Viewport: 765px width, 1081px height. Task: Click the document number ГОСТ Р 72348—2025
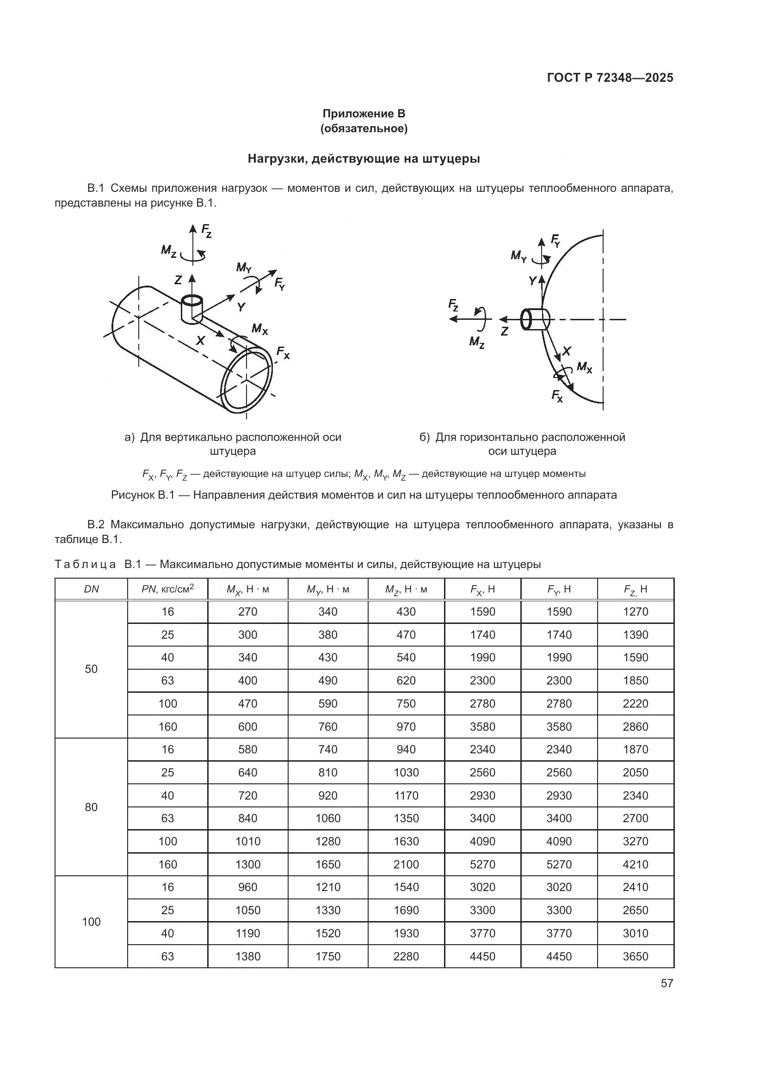[610, 78]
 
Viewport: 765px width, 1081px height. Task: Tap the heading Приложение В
[364, 114]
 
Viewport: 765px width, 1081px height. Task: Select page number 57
[666, 983]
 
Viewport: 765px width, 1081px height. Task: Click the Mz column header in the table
[406, 589]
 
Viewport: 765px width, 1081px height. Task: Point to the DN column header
[91, 589]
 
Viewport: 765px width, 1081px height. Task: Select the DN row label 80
[91, 807]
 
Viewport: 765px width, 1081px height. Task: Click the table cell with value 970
[406, 727]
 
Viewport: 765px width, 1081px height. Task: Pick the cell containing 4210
[635, 864]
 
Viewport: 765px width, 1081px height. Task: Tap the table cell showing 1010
[248, 841]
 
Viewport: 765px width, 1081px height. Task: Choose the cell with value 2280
[406, 956]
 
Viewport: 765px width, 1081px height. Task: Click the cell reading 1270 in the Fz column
[635, 611]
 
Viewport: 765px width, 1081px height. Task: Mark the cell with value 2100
[406, 864]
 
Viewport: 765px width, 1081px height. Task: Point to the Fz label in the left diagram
[206, 231]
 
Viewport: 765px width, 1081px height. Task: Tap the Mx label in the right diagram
[584, 367]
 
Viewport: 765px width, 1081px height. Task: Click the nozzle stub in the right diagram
[535, 320]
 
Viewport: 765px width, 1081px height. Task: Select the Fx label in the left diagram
[283, 352]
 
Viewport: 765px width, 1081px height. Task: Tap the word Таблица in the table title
[85, 564]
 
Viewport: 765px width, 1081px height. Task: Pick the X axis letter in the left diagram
[200, 340]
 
